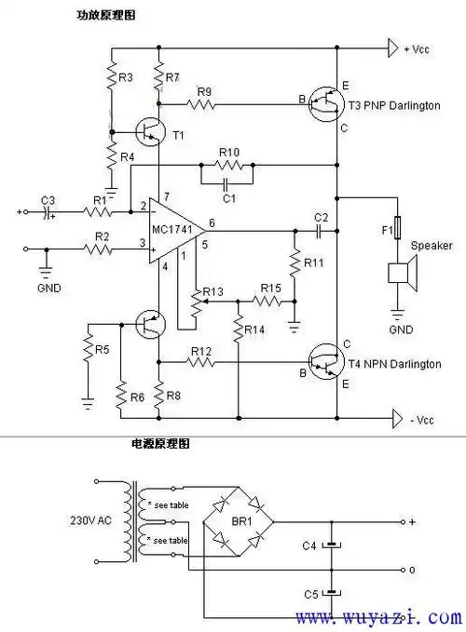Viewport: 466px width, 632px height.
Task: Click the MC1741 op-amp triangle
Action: tap(177, 229)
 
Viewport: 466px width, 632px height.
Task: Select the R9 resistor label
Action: tap(204, 90)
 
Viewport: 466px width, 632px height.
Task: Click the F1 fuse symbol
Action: tap(399, 229)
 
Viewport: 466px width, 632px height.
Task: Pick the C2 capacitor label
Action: tap(321, 217)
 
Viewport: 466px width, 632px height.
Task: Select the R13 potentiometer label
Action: tap(213, 292)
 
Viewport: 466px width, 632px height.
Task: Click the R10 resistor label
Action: tap(228, 152)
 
